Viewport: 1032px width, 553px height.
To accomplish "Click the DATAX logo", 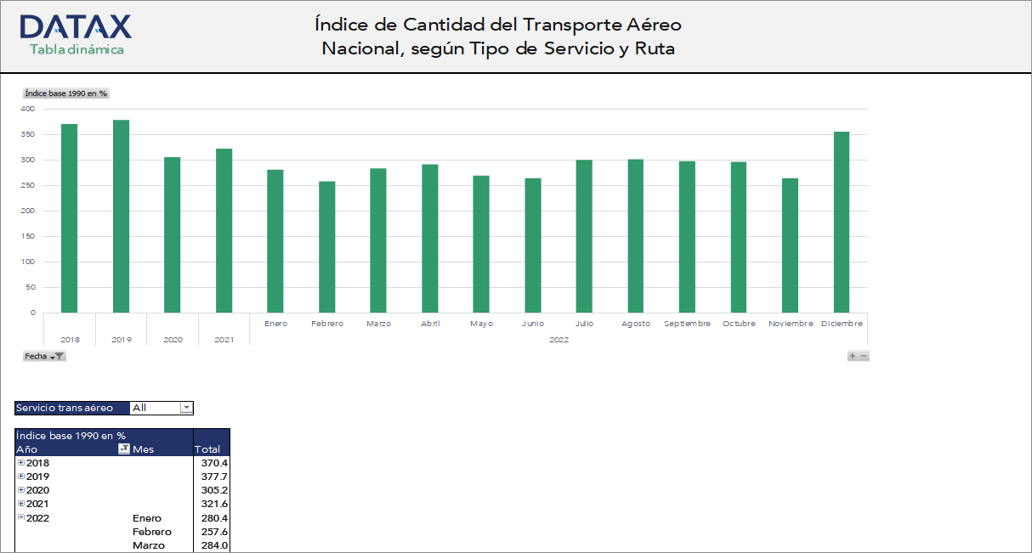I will click(x=76, y=27).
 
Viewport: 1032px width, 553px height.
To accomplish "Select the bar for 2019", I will click(x=121, y=217).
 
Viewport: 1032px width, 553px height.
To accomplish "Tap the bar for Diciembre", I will click(x=842, y=223).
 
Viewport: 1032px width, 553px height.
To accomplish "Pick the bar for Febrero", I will click(x=327, y=247).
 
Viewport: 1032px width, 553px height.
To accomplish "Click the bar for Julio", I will click(x=584, y=236).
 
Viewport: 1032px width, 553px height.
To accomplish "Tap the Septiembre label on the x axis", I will click(x=687, y=324).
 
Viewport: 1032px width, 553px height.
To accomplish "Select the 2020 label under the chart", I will click(x=173, y=340).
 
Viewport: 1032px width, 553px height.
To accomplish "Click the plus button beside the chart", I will click(x=853, y=356).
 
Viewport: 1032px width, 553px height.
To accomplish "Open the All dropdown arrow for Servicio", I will click(x=186, y=408).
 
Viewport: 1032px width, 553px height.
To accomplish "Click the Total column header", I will click(x=207, y=449).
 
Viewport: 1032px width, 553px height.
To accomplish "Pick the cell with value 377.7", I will click(x=213, y=477).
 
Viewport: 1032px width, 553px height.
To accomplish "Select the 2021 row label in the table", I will click(x=38, y=504).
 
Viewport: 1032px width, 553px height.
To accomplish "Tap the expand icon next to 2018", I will click(x=21, y=463).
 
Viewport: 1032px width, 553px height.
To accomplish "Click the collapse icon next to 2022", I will click(x=21, y=517).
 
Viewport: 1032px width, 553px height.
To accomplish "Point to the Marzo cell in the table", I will click(x=149, y=545).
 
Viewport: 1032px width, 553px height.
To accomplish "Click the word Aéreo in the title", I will click(x=654, y=25).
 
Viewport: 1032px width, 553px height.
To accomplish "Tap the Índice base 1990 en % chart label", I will click(x=66, y=93).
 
